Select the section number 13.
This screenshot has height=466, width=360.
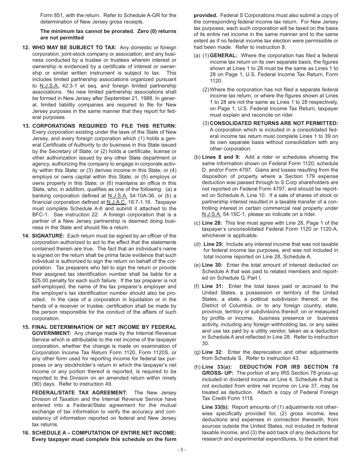click(26, 125)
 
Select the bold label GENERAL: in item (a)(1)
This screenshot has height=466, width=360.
click(224, 55)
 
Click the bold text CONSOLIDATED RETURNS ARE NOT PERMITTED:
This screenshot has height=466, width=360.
click(274, 123)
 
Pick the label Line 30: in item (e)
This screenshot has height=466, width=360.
click(212, 265)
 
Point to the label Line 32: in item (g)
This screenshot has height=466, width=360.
click(212, 352)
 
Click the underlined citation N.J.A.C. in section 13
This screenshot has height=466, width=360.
click(116, 202)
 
